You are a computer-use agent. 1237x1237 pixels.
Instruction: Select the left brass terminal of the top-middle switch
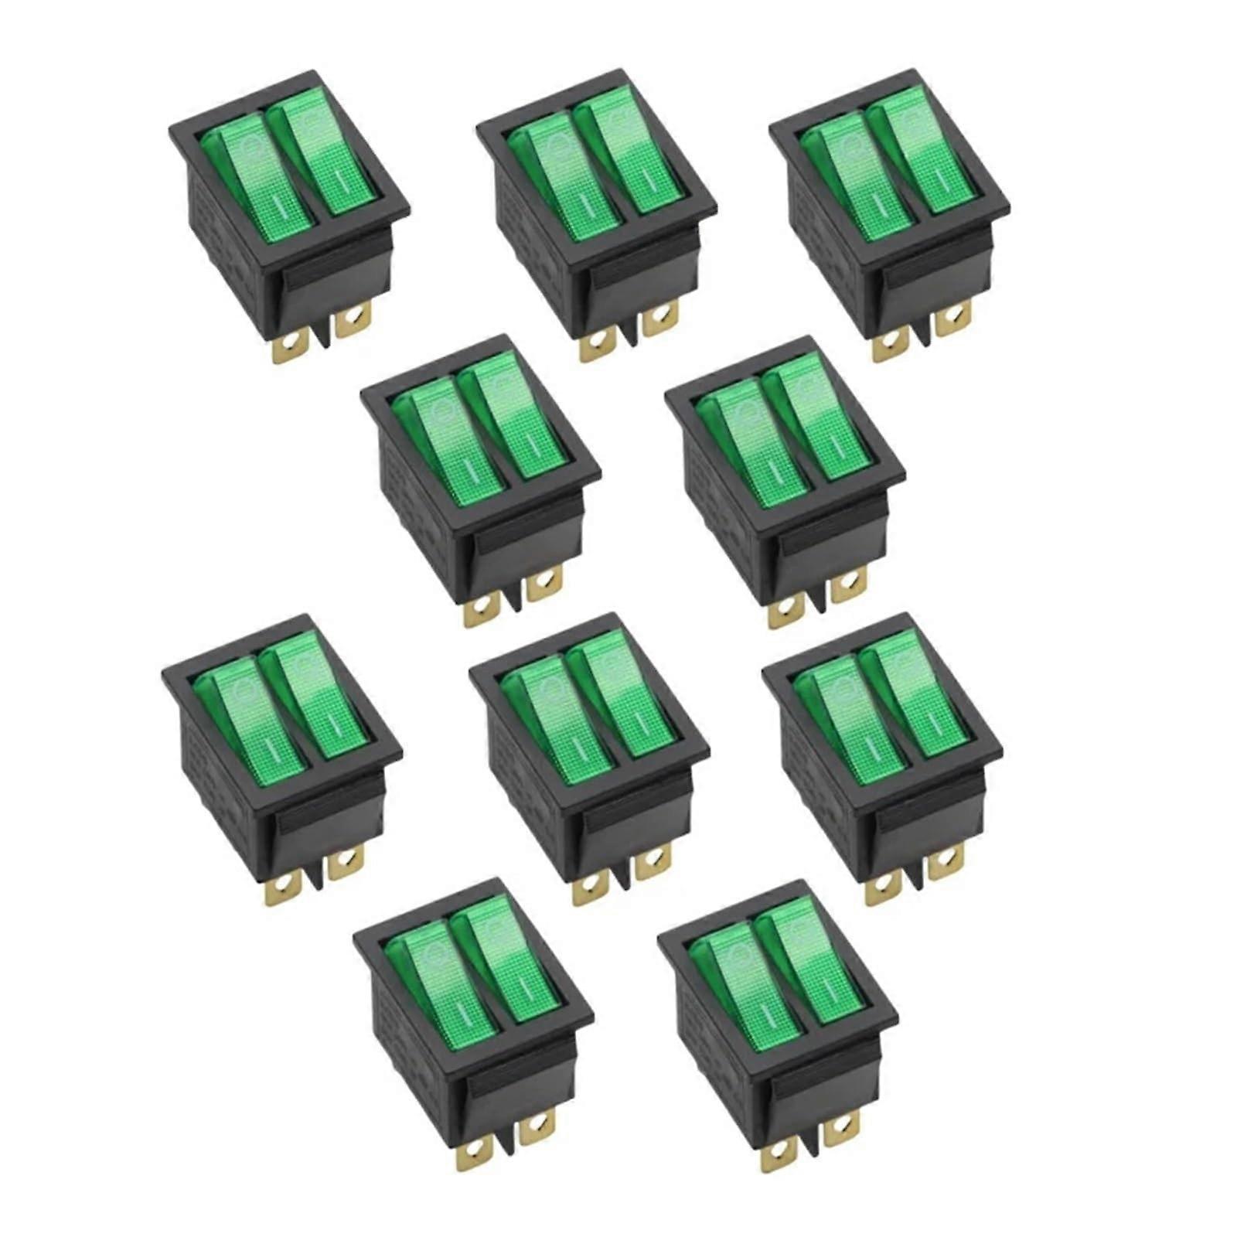(x=595, y=346)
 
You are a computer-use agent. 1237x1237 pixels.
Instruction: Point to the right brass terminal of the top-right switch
(x=952, y=318)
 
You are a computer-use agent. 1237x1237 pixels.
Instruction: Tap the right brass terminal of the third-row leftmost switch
(x=346, y=861)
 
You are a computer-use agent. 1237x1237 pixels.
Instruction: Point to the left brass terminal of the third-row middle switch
(x=588, y=889)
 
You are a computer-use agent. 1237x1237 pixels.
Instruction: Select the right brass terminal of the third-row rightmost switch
(x=947, y=861)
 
